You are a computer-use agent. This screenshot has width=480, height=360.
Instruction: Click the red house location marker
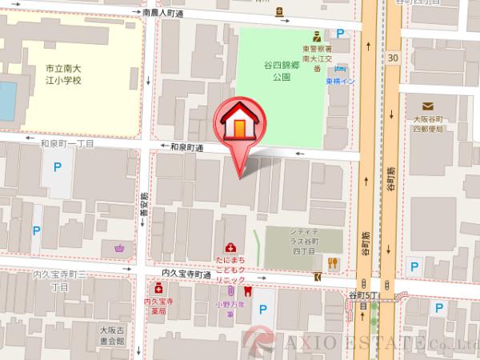coord(239,123)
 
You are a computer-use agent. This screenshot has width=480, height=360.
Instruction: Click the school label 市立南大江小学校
coord(67,76)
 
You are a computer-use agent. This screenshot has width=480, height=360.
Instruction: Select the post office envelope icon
coord(428,106)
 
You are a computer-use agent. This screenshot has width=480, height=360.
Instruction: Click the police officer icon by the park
coord(317,34)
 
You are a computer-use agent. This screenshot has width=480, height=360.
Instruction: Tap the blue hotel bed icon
coord(342,70)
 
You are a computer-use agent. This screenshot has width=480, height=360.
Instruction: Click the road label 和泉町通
coord(186,147)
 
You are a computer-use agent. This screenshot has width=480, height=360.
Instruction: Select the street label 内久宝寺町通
coord(186,274)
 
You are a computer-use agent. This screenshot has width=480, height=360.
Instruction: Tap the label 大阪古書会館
coord(113,335)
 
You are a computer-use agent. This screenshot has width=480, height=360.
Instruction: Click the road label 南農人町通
coord(174,14)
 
